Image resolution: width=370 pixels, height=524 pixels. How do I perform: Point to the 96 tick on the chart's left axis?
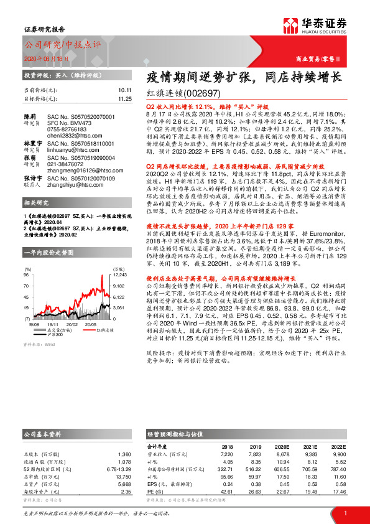pos(26,274)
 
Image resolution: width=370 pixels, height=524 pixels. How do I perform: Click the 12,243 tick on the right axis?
pos(119,274)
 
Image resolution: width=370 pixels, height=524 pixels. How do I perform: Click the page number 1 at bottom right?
pos(343,513)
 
